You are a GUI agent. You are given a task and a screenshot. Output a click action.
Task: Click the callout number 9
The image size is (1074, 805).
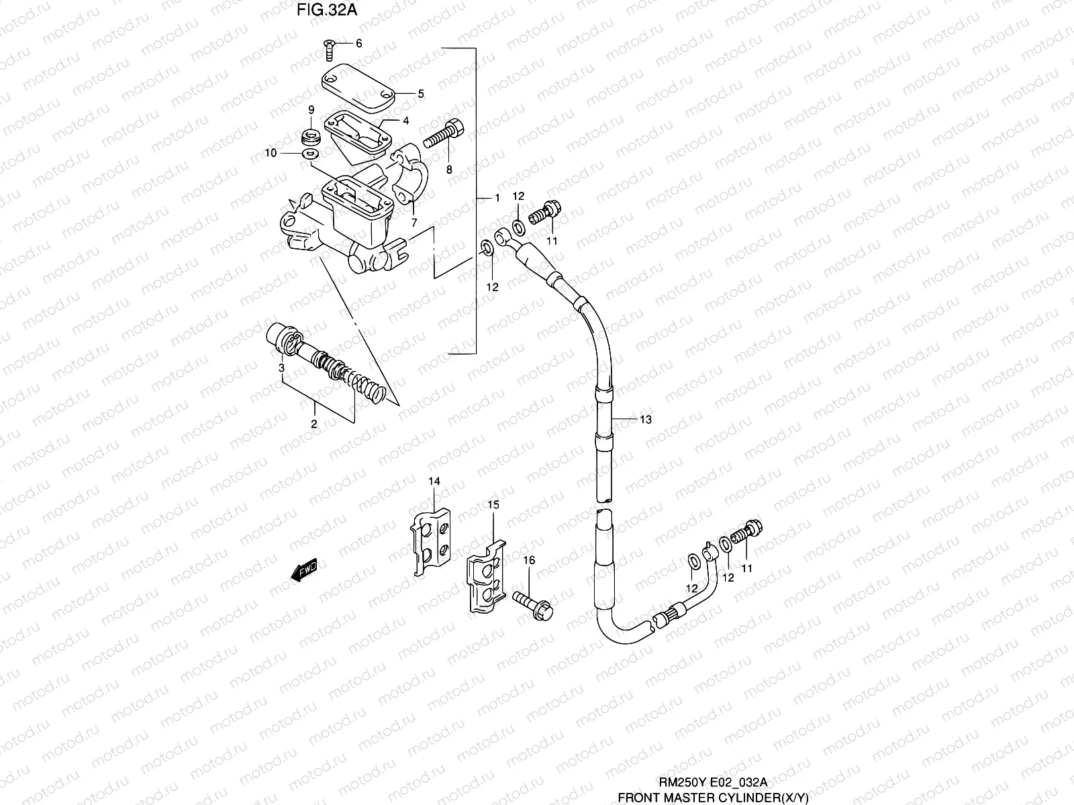pos(311,109)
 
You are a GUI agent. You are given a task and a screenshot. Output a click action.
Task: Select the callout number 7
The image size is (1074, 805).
pos(414,222)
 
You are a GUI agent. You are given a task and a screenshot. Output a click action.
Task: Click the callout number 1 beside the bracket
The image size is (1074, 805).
pos(497,199)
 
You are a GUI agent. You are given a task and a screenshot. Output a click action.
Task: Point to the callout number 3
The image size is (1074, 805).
pos(282,368)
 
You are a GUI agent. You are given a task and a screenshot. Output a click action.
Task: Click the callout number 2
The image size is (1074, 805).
pos(313,423)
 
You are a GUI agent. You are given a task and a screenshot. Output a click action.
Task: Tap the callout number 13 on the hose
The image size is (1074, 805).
pos(646,419)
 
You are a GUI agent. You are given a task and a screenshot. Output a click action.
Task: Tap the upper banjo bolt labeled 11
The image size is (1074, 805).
pos(544,215)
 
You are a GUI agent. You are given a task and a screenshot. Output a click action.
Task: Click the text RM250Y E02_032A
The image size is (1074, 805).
pos(712,782)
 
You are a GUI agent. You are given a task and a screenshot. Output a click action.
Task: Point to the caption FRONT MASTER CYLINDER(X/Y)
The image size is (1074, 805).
pos(713,797)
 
